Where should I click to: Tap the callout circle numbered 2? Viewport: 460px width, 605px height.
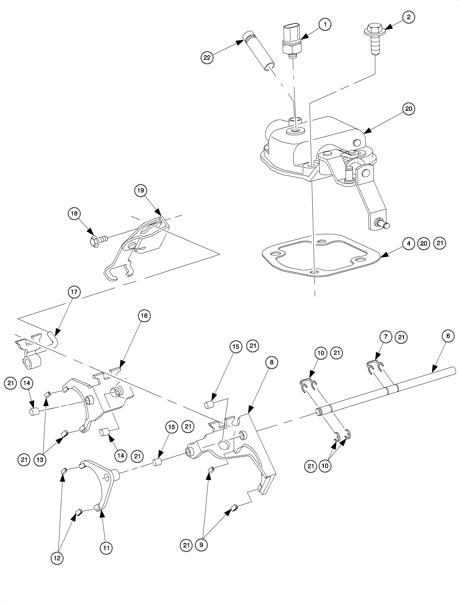pos(408,17)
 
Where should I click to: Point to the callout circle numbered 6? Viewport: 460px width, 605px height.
pos(448,336)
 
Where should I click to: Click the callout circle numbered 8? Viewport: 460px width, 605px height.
pos(271,362)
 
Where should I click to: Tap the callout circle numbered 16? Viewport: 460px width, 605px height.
pos(144,316)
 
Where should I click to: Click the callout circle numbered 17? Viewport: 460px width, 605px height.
pos(74,292)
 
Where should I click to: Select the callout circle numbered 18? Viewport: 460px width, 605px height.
pos(74,213)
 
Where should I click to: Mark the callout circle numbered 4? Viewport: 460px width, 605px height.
pos(408,243)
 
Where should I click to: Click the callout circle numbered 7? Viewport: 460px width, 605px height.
pos(386,337)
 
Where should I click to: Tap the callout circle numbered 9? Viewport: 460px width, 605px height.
pos(201,545)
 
